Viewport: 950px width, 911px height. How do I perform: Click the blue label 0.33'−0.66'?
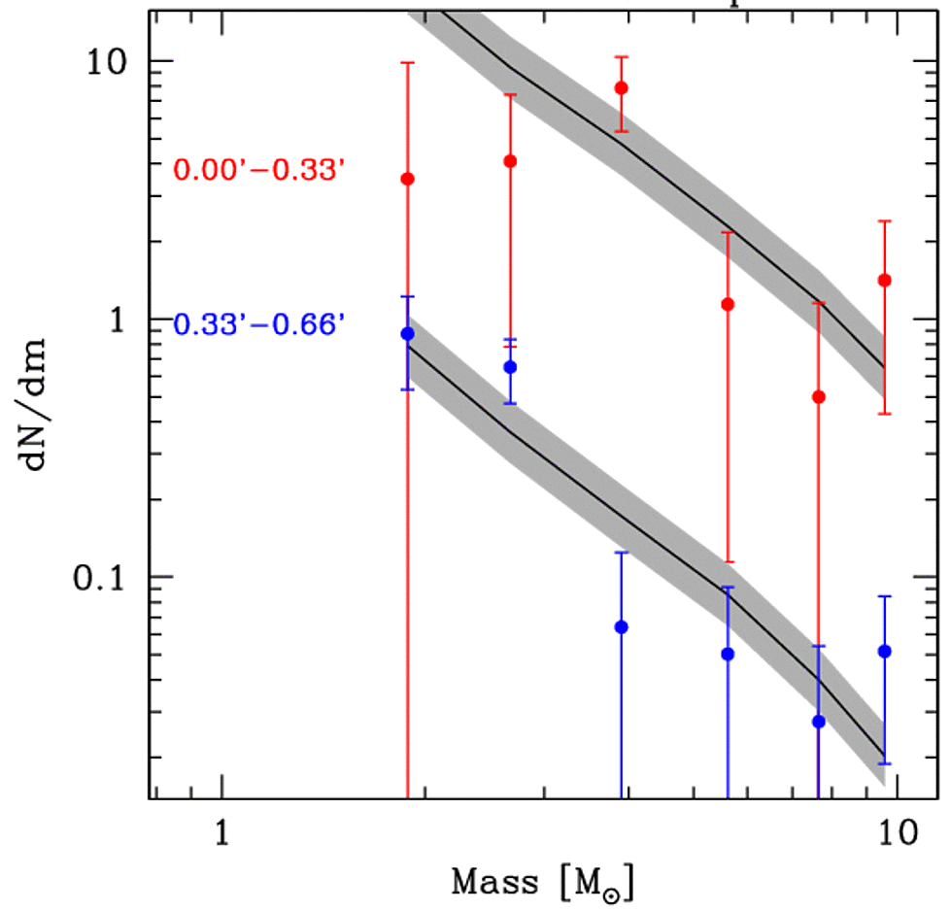(259, 324)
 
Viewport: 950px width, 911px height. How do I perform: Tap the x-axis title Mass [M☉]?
(544, 883)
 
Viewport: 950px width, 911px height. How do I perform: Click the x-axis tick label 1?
(222, 834)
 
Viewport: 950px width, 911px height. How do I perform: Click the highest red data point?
(622, 88)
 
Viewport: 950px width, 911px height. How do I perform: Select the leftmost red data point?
(408, 179)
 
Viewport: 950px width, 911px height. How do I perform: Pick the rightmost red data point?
(885, 281)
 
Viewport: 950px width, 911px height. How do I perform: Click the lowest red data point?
(819, 397)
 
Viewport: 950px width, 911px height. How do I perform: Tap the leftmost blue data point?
(408, 334)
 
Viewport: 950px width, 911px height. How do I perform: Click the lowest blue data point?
(819, 722)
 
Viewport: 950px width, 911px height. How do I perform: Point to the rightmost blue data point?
(885, 651)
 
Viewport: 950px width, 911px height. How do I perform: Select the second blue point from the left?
(510, 367)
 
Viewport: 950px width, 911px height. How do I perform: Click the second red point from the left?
(510, 161)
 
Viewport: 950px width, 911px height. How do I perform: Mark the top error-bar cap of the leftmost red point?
(408, 63)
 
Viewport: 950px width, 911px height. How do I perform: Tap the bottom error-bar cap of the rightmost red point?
(885, 414)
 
